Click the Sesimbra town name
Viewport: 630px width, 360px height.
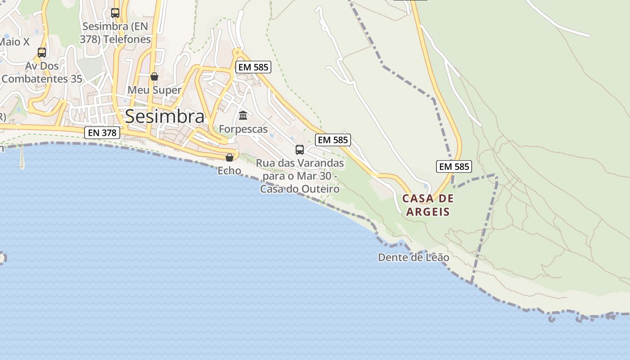click(x=165, y=116)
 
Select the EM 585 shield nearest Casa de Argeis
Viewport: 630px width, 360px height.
click(x=454, y=166)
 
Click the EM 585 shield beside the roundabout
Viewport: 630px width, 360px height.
click(x=253, y=67)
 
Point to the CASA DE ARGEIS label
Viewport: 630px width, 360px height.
click(x=428, y=205)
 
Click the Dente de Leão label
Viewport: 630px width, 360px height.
click(x=414, y=257)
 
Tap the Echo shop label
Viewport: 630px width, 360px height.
click(x=229, y=171)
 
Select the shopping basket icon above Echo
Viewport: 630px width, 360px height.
click(x=229, y=157)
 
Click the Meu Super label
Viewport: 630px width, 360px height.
click(x=154, y=90)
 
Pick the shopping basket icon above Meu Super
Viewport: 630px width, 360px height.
click(x=154, y=76)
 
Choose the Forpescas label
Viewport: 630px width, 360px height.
click(x=243, y=129)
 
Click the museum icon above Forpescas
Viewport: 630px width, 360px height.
click(x=243, y=116)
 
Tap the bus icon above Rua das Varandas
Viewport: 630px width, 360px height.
click(x=300, y=149)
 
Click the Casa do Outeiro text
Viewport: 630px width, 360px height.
click(x=300, y=189)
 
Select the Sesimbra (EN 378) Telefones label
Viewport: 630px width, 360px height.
click(x=115, y=33)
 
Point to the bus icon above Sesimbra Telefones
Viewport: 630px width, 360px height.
click(x=115, y=13)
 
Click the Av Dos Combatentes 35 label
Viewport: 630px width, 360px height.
click(x=42, y=72)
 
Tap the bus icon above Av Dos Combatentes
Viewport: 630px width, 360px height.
click(x=42, y=53)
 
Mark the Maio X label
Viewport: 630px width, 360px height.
click(x=14, y=42)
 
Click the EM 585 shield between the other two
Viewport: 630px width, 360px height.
click(x=333, y=140)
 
